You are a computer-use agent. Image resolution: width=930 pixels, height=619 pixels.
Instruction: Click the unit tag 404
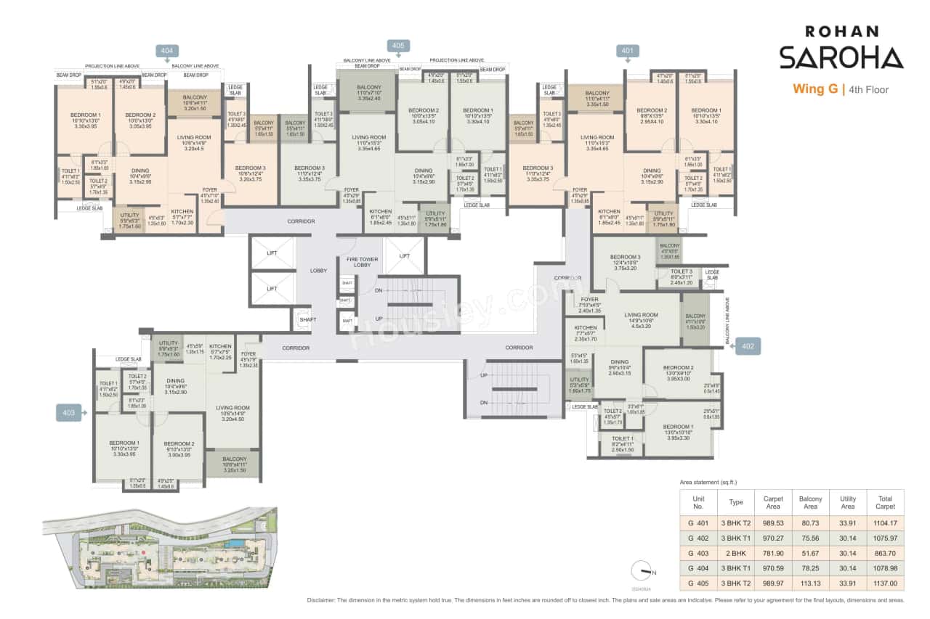166,50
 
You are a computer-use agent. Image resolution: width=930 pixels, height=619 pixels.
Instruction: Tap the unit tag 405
397,45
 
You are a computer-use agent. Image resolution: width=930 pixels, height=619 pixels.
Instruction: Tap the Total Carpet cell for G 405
885,583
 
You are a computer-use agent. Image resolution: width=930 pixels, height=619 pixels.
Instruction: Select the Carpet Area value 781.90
772,552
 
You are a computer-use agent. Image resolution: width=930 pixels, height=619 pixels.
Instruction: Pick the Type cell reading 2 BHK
736,552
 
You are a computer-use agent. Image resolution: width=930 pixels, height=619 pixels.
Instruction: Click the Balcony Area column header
810,503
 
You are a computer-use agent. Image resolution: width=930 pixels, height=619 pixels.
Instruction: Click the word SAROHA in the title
841,57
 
